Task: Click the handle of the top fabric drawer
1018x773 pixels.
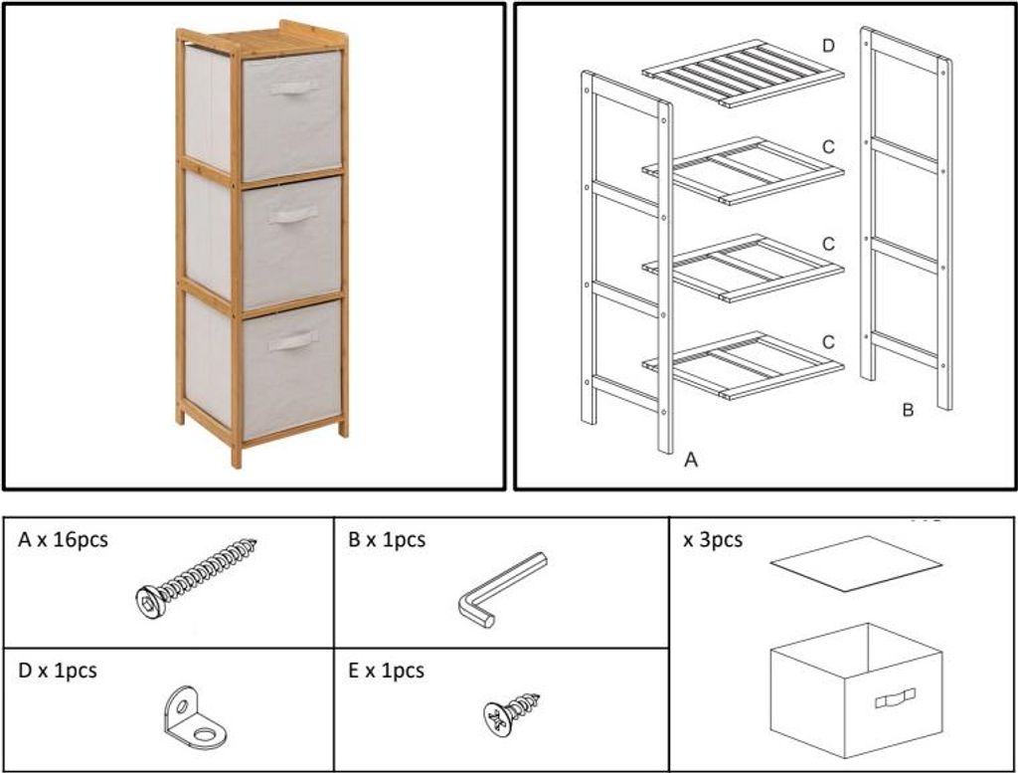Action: click(x=294, y=88)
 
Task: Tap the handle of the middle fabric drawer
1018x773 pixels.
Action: click(x=293, y=216)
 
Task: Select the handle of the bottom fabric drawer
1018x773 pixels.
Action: click(x=293, y=340)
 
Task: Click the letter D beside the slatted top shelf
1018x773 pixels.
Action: click(x=828, y=46)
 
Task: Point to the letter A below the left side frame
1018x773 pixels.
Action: click(x=691, y=460)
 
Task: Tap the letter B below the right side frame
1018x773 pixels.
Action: click(x=908, y=410)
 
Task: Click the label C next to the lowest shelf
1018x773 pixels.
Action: click(x=828, y=341)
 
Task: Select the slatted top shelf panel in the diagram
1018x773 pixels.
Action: click(x=744, y=73)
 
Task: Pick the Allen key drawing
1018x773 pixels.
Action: click(x=501, y=590)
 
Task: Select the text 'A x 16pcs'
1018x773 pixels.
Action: click(x=63, y=540)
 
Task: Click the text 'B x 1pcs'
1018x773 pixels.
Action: click(x=387, y=540)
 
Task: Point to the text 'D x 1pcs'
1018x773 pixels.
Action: click(x=58, y=671)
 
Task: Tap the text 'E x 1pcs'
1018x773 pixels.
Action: click(x=387, y=671)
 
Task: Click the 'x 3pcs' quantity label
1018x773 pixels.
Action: click(x=712, y=540)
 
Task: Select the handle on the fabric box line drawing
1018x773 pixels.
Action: click(x=896, y=698)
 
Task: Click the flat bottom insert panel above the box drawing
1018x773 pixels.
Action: click(x=856, y=563)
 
